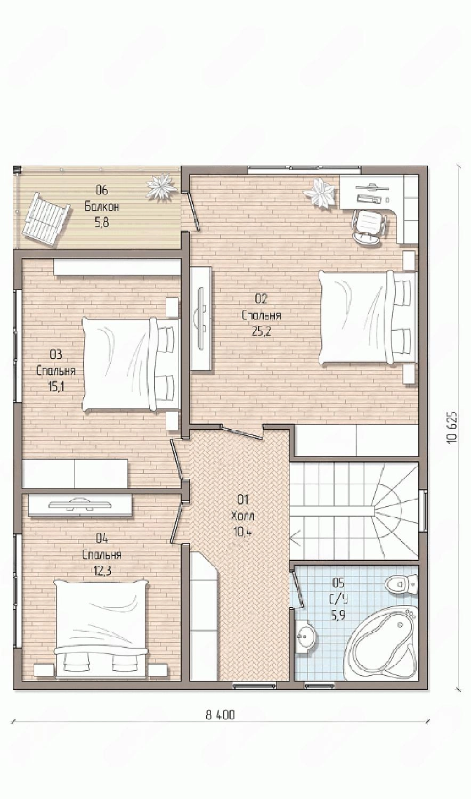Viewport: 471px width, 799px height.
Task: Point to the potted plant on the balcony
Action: pos(163,185)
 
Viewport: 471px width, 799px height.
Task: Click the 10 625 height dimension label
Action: pos(452,427)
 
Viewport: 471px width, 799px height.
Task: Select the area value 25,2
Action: pos(262,331)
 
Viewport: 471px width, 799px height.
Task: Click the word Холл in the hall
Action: pos(243,516)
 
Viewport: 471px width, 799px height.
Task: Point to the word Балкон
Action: pos(102,207)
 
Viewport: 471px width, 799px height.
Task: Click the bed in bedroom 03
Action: pos(130,364)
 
